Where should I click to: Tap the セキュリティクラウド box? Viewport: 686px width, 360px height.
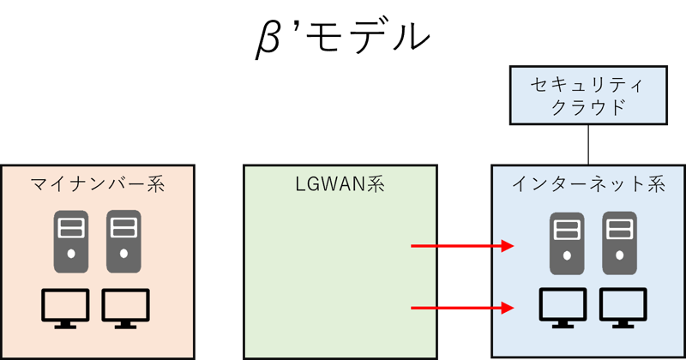(588, 95)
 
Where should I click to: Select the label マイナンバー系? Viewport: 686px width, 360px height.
(98, 184)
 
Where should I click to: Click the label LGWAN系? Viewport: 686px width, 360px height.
(340, 183)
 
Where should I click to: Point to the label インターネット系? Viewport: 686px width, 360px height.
(588, 184)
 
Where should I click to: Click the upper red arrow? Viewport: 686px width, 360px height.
(462, 246)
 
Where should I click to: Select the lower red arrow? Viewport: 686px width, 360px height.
(462, 308)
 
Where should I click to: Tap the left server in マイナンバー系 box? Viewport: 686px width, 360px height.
(71, 242)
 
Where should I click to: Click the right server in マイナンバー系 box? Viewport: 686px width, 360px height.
(123, 242)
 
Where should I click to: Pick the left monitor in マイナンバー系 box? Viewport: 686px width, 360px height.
(66, 308)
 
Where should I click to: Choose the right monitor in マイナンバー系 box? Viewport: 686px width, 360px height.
(126, 308)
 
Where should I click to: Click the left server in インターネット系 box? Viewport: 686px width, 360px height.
(567, 243)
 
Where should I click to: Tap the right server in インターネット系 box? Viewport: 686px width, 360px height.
(619, 243)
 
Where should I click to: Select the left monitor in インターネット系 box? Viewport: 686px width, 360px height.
(563, 308)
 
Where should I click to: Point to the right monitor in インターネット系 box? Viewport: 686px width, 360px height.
(623, 308)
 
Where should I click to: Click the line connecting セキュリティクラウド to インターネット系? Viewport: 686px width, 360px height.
(588, 145)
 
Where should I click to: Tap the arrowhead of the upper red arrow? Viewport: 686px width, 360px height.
(508, 246)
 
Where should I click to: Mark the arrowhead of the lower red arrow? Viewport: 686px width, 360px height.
(508, 308)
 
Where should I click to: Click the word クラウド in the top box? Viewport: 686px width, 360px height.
(588, 107)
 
